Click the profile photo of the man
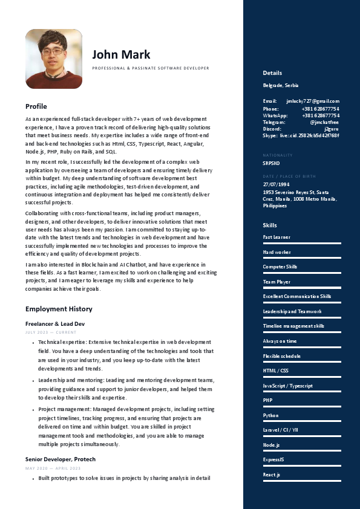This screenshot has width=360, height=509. coord(53,59)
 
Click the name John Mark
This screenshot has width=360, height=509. coord(121,54)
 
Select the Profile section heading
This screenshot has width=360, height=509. coord(36,106)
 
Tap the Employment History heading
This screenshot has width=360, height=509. coord(59,309)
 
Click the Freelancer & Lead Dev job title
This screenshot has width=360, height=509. coord(55,324)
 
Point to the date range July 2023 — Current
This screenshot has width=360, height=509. coord(51,332)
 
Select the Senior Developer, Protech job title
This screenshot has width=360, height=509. coord(61,459)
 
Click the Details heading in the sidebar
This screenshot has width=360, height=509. coord(272,73)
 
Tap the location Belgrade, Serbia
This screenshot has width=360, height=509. coord(281,85)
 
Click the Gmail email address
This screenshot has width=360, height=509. coord(313,101)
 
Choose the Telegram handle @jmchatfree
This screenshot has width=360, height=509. coord(324,122)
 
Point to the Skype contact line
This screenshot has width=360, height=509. coord(301,135)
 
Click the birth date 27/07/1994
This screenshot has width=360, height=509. coord(277,184)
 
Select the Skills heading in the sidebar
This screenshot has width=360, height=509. coord(270,225)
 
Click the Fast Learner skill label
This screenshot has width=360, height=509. coord(277,238)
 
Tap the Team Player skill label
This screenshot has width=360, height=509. coord(277,282)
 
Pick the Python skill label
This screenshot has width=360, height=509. coord(270,415)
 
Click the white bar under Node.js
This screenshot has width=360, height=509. coord(302,451)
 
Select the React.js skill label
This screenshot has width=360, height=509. coord(271,475)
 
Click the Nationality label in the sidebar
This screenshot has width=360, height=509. coord(278,155)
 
